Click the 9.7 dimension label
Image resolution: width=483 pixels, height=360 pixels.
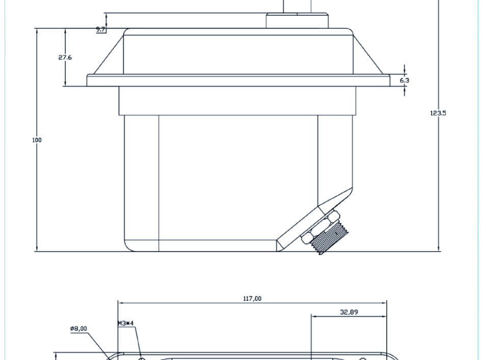tap(101, 30)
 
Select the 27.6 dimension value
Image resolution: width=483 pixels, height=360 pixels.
tap(65, 57)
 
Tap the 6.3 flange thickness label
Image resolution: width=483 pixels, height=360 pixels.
tap(405, 80)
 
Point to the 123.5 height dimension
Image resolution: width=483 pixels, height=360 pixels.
tap(438, 113)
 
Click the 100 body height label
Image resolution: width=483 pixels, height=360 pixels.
tap(37, 140)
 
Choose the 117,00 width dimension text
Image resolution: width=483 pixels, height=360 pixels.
tap(252, 298)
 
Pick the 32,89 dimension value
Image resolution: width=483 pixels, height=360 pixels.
tap(349, 312)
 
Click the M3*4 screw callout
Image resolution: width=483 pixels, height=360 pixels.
tap(126, 323)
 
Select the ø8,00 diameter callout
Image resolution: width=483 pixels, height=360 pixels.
tap(78, 328)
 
